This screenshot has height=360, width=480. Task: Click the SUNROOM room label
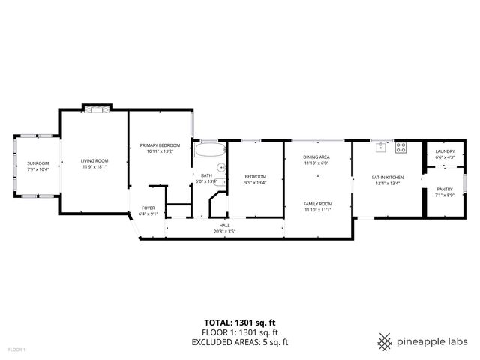click(x=37, y=163)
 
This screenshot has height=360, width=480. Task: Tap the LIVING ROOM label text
click(x=94, y=160)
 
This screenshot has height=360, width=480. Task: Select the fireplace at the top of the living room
click(x=96, y=108)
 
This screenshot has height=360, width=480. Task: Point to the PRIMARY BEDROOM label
click(x=159, y=145)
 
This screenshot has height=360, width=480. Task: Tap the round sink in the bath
click(x=220, y=168)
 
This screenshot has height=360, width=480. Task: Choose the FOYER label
click(x=148, y=208)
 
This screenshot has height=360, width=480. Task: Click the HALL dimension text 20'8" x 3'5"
click(x=224, y=232)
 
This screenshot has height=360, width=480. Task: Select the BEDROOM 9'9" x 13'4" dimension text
click(x=255, y=183)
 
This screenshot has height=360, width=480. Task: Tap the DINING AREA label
click(x=316, y=157)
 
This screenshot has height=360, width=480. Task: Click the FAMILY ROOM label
click(x=317, y=204)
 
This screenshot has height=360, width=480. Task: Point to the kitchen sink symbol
click(x=381, y=148)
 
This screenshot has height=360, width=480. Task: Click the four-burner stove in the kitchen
click(x=400, y=148)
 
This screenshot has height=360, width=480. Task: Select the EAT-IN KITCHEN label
click(x=387, y=177)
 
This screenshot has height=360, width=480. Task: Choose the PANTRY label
click(x=445, y=189)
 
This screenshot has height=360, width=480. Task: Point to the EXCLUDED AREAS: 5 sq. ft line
click(x=240, y=342)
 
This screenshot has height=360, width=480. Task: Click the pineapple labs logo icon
click(x=385, y=341)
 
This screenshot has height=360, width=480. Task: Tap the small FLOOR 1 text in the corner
click(x=16, y=349)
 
